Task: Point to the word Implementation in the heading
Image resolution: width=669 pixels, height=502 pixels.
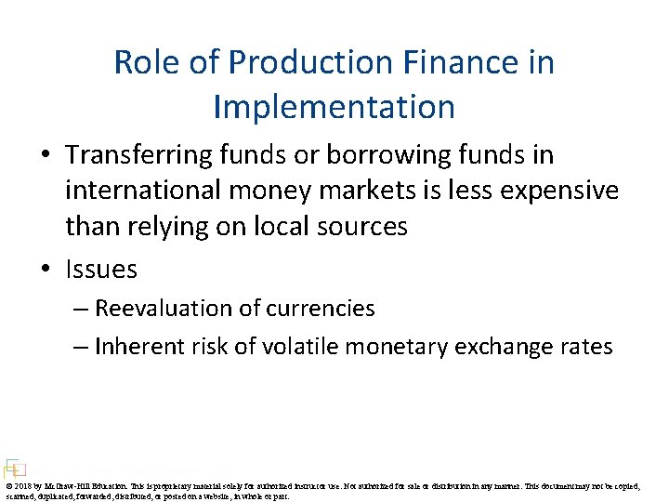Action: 334,106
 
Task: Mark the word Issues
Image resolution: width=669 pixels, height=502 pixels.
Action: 101,270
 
